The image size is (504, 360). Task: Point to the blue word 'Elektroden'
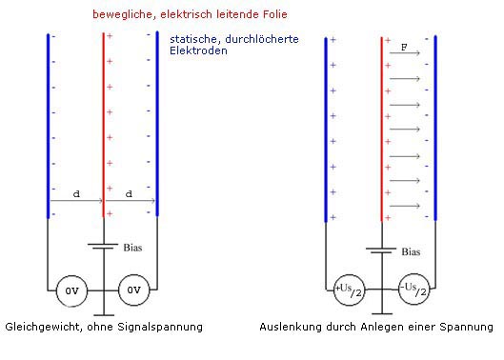(198, 50)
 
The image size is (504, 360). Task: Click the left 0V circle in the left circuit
(73, 290)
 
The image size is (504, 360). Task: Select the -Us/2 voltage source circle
(412, 290)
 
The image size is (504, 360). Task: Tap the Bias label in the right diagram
(411, 252)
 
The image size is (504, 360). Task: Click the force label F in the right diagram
(405, 46)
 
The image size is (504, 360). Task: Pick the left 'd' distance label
(75, 193)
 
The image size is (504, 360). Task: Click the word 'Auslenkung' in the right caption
(289, 327)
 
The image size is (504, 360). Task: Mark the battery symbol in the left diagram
(103, 245)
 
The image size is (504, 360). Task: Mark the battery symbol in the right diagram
(381, 250)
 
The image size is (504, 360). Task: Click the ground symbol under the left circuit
(103, 313)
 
